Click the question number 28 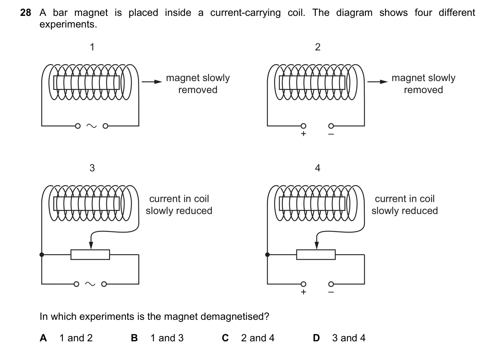click(25, 13)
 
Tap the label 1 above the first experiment click(92, 47)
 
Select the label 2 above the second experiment click(318, 47)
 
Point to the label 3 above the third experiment click(92, 168)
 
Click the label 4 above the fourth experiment click(318, 168)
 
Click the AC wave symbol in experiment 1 click(91, 126)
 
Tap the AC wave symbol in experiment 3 click(90, 284)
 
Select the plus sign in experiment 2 click(303, 134)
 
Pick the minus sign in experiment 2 click(331, 134)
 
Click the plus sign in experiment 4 click(303, 292)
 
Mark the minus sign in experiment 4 click(331, 292)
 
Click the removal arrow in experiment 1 click(152, 82)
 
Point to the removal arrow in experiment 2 click(378, 82)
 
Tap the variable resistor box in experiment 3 click(90, 255)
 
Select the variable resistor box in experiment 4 click(316, 255)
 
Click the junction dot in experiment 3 click(42, 255)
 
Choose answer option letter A click(43, 338)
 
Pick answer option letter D click(316, 338)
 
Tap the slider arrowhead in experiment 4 click(316, 246)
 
